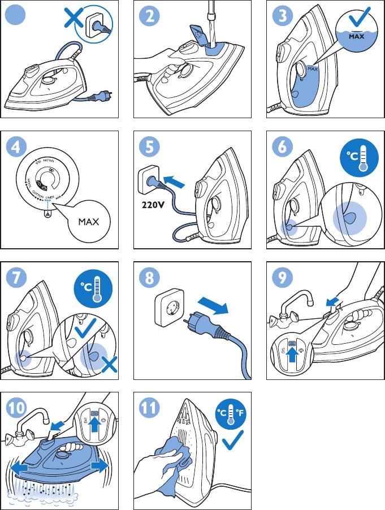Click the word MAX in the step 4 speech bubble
point(88,221)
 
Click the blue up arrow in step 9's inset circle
point(292,356)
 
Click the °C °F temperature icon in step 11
point(231,414)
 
